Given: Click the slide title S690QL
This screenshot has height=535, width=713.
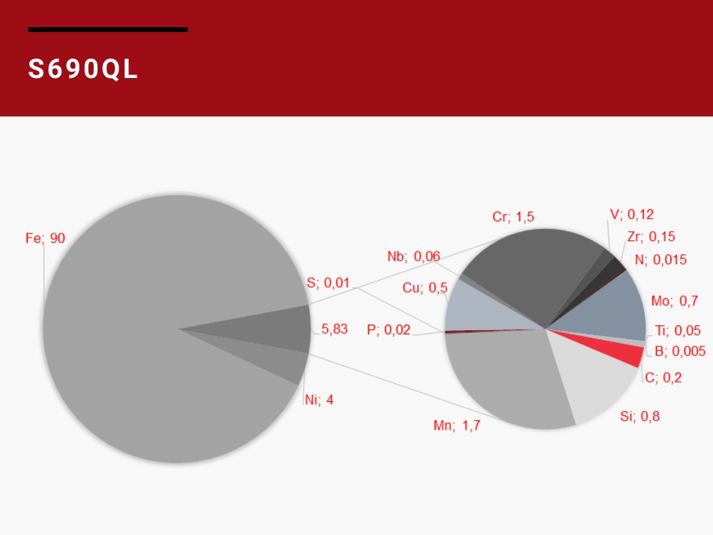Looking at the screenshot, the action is (x=84, y=69).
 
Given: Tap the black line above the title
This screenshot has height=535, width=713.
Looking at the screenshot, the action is (x=108, y=29).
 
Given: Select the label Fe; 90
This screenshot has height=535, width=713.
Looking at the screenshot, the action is (x=45, y=238).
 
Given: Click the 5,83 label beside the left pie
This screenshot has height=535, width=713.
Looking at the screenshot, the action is (x=334, y=329).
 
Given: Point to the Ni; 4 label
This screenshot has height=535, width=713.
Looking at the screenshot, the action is (x=319, y=400).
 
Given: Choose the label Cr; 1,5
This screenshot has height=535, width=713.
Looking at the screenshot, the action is (x=513, y=217).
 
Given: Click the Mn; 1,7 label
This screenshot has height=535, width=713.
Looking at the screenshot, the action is (x=457, y=426).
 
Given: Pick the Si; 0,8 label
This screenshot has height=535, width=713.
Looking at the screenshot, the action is (x=639, y=417).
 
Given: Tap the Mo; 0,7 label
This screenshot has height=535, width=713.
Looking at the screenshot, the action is (x=674, y=301).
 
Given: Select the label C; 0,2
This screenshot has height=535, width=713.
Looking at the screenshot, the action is (x=663, y=378).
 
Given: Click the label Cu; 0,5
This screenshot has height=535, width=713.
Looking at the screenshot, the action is (x=425, y=288).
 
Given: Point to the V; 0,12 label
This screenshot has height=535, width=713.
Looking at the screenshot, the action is (x=632, y=215).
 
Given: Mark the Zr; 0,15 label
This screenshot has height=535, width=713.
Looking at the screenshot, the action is (x=651, y=237).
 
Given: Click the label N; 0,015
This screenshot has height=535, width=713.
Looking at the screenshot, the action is (x=660, y=260).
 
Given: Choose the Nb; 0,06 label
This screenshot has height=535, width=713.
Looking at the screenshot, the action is (x=414, y=256).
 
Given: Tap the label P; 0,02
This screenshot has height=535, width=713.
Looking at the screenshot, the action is (x=389, y=329).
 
